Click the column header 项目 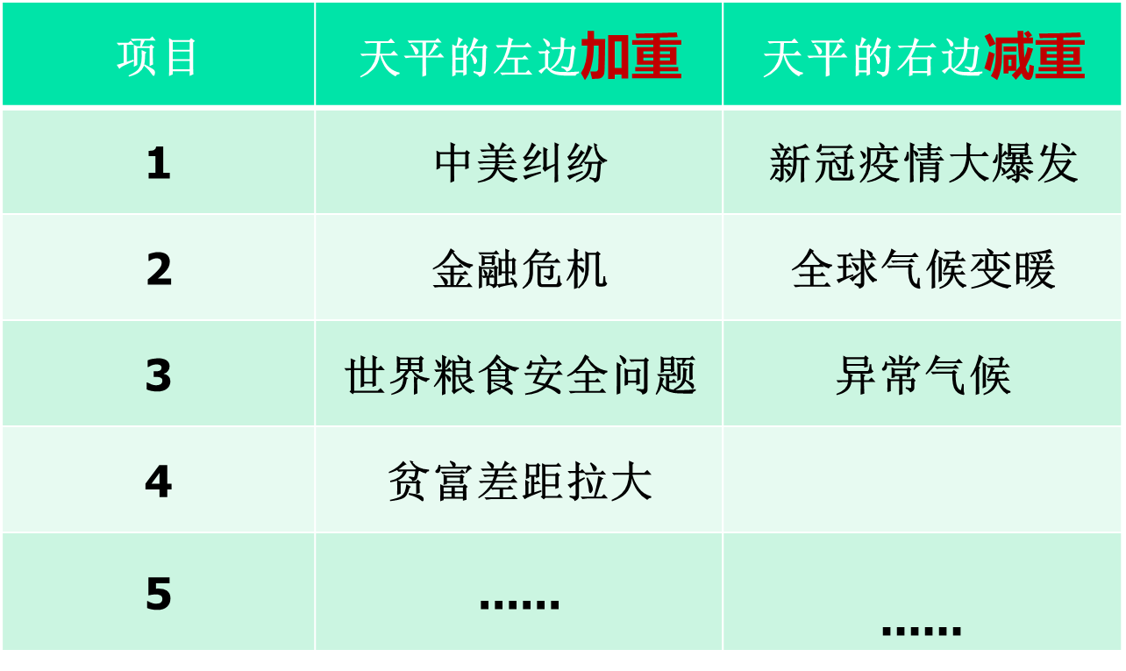click(x=156, y=58)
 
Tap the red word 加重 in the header click(x=631, y=55)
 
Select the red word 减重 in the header click(x=1035, y=55)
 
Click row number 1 click(x=159, y=163)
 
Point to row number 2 click(x=159, y=269)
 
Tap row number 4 click(x=159, y=481)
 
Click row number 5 click(x=159, y=593)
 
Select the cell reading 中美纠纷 click(x=521, y=163)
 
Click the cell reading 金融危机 click(x=520, y=269)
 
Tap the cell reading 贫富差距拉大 click(x=520, y=482)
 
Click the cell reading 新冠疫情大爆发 click(x=923, y=163)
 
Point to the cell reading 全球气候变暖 click(x=923, y=269)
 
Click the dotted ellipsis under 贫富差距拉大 click(x=519, y=604)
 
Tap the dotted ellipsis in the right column click(x=922, y=631)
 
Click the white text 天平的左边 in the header click(x=469, y=58)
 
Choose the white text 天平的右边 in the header click(x=873, y=58)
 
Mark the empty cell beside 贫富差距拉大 click(x=922, y=480)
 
